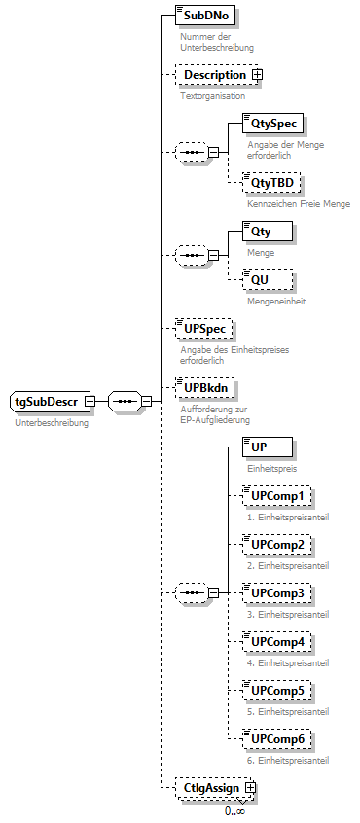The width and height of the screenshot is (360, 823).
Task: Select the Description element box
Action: point(214,75)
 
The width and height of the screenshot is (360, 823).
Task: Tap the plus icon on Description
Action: point(257,75)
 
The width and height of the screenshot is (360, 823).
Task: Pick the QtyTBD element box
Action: point(272,182)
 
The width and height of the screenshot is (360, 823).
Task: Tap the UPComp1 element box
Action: point(276,497)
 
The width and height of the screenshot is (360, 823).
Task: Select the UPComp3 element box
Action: point(276,592)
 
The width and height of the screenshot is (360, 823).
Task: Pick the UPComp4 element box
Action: point(276,641)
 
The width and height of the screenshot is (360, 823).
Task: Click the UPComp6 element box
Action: point(276,739)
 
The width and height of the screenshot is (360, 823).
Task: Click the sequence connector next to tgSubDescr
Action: point(124,401)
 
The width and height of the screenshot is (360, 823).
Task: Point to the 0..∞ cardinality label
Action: point(234,810)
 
